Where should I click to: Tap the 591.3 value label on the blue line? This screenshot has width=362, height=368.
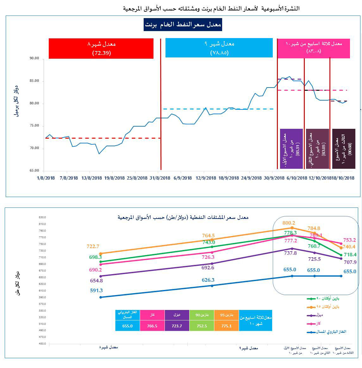tap(96, 290)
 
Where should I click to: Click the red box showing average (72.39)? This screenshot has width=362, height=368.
tap(101, 49)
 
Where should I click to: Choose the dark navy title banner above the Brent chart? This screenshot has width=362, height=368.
tap(183, 25)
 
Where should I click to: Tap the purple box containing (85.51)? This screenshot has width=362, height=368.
tap(291, 148)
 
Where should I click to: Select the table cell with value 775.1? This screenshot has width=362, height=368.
tap(226, 325)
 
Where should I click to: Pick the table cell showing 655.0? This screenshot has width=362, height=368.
tap(127, 325)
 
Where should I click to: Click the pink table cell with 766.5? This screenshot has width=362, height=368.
tap(152, 325)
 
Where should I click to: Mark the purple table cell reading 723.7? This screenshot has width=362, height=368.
tap(177, 325)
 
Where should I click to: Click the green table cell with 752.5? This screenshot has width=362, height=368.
tap(202, 325)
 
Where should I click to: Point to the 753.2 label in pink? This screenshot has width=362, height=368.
tap(349, 240)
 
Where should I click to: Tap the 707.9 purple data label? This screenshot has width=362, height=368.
tap(349, 262)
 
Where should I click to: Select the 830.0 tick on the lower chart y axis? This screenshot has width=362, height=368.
tap(42, 217)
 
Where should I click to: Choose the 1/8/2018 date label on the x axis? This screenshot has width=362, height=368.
tap(46, 178)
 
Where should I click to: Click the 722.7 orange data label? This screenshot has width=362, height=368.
tap(93, 246)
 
